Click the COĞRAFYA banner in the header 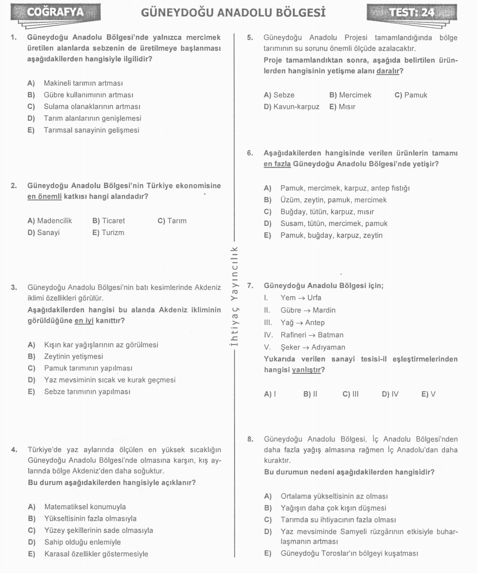(x=55, y=12)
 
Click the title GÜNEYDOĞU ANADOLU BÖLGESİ (x=233, y=13)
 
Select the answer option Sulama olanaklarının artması (x=92, y=107)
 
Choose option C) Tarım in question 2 (x=172, y=221)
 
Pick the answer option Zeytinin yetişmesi (x=73, y=356)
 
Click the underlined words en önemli (x=44, y=197)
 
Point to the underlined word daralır (x=388, y=71)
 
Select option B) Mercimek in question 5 (x=350, y=95)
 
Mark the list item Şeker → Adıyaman (x=313, y=347)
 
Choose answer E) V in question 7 (x=428, y=394)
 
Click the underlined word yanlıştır (x=306, y=370)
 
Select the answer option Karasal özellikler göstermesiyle (x=96, y=554)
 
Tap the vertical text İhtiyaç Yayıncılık (x=234, y=296)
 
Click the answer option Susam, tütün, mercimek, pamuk (x=334, y=223)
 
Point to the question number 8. (x=250, y=439)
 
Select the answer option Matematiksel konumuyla (x=85, y=507)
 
